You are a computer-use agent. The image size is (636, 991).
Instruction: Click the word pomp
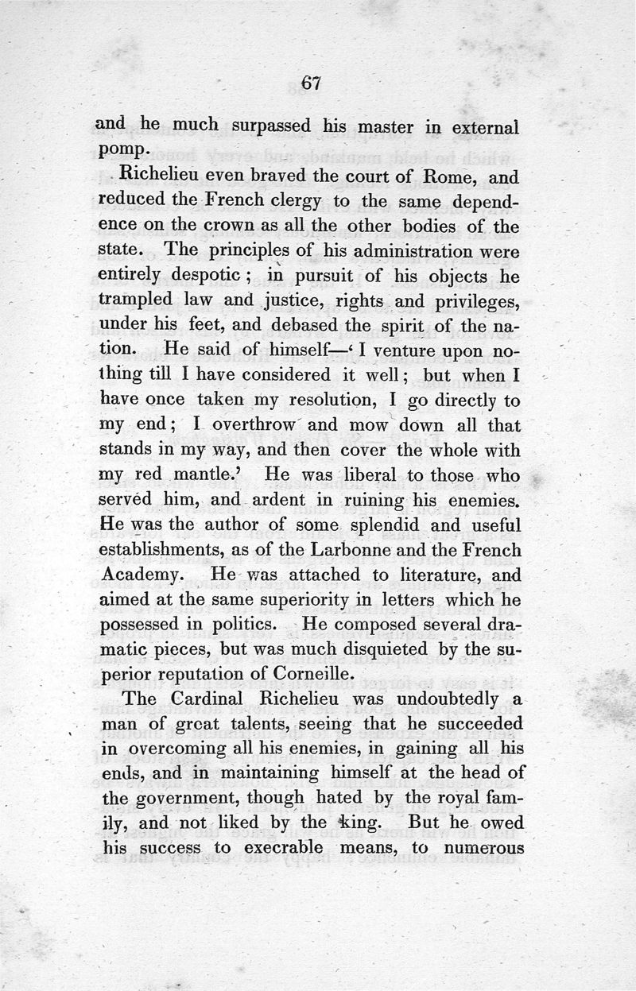pyautogui.click(x=120, y=149)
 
